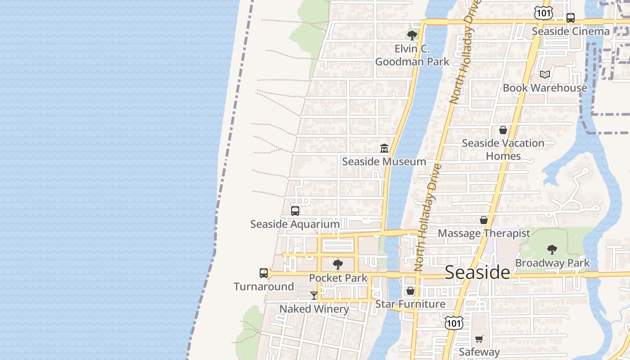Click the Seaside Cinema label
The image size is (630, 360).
pos(570,31)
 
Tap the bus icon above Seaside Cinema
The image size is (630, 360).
pos(570,18)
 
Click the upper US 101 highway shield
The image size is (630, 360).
pos(544,13)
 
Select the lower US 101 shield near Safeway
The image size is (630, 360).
pos(454,323)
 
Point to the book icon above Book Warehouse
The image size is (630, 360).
pos(545,74)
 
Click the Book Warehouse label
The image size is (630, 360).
pos(544,88)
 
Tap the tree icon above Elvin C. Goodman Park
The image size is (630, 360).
pos(412,35)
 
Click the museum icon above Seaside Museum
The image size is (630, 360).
pos(384,148)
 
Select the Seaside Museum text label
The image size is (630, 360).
pos(384,162)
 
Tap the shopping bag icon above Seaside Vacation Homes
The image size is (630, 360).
pos(503,130)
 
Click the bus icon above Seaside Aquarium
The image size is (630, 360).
pos(295,211)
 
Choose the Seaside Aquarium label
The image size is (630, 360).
pos(295,224)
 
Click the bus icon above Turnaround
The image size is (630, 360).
pos(264,273)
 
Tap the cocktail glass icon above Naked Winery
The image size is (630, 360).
pos(314,296)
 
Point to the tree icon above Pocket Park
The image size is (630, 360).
pos(338,265)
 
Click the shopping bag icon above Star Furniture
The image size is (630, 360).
pos(410,291)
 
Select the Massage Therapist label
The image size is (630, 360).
pos(484,234)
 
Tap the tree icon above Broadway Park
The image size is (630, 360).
pos(552,250)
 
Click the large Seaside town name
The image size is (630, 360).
pos(477,273)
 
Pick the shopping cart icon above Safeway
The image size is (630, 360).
pos(479,339)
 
